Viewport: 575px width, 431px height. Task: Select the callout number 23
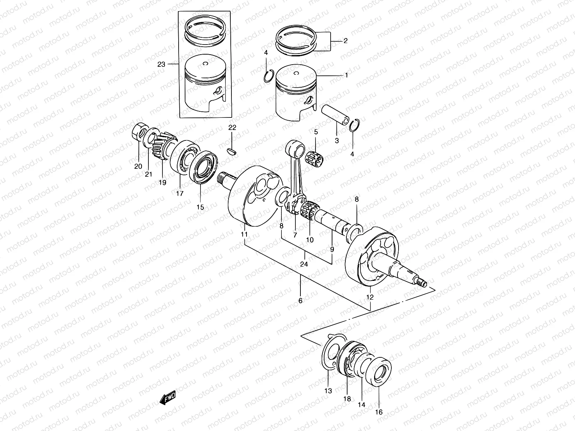pyautogui.click(x=161, y=65)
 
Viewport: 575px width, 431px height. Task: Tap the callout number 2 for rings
pyautogui.click(x=345, y=41)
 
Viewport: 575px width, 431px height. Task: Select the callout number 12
pyautogui.click(x=370, y=297)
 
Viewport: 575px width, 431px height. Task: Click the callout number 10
pyautogui.click(x=309, y=240)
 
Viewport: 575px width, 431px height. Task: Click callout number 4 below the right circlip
pyautogui.click(x=352, y=154)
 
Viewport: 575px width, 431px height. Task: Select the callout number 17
pyautogui.click(x=180, y=193)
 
